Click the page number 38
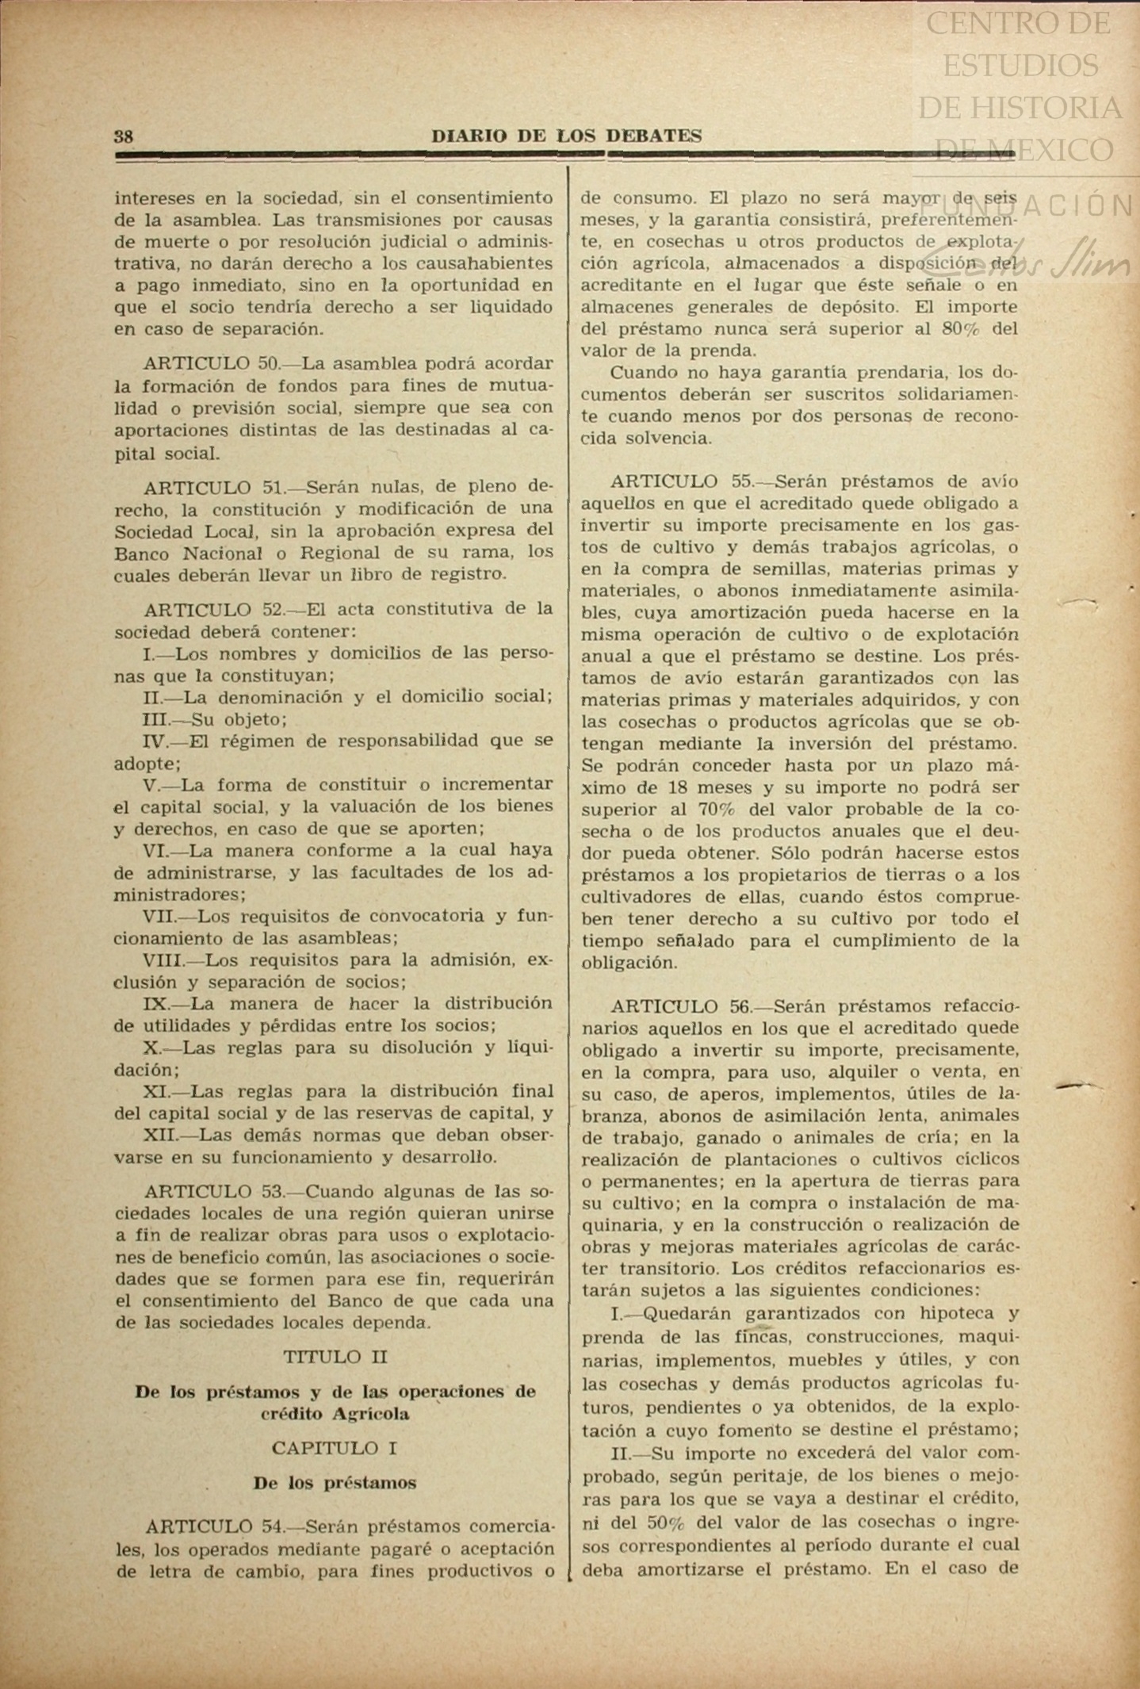[124, 136]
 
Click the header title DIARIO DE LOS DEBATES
[566, 136]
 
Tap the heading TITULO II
[335, 1357]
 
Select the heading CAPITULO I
[335, 1448]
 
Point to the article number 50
[268, 364]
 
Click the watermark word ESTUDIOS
[1020, 65]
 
